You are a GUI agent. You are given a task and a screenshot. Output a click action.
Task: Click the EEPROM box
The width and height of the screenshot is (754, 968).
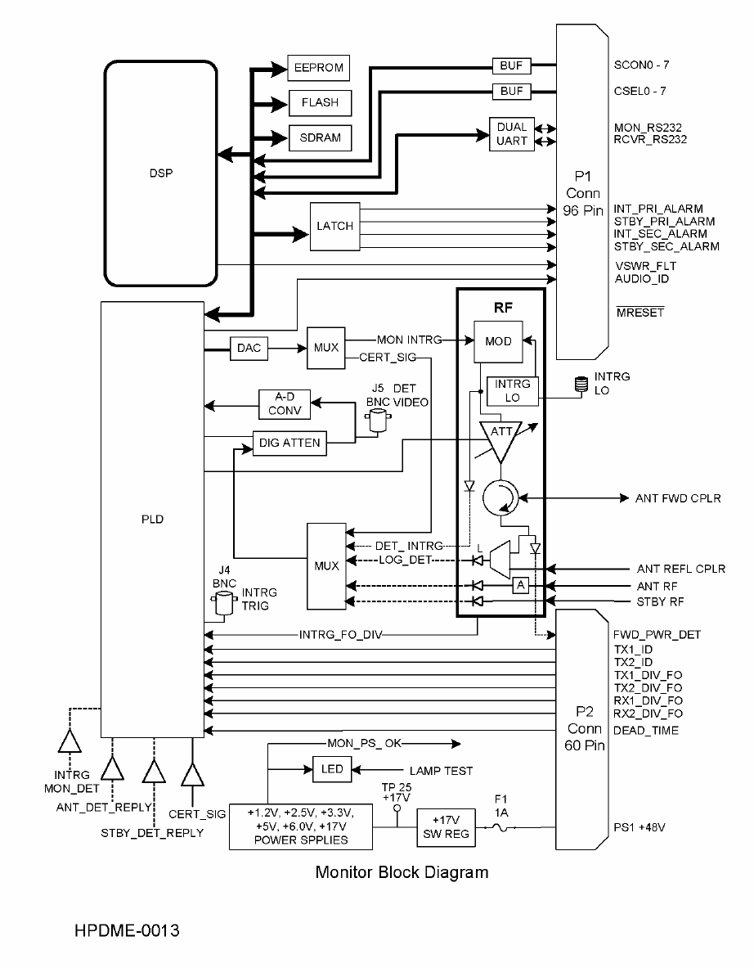[318, 68]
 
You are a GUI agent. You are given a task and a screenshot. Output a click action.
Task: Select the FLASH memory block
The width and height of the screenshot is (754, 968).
[320, 102]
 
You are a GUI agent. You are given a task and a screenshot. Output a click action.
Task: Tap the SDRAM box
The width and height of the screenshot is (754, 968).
[320, 137]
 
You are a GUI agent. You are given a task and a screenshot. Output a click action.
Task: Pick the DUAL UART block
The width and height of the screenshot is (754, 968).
[511, 134]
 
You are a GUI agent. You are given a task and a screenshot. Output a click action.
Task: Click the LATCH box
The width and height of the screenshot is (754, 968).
[335, 227]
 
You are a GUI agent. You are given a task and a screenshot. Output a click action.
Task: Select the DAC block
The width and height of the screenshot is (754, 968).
[249, 349]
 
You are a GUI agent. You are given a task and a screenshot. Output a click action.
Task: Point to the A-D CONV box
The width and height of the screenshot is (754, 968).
[285, 403]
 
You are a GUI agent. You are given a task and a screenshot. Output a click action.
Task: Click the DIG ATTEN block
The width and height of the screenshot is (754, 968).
[289, 443]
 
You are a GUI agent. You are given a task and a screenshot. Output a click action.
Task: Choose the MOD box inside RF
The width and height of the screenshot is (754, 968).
[498, 341]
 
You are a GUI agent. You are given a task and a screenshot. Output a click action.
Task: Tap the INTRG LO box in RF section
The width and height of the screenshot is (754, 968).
[512, 391]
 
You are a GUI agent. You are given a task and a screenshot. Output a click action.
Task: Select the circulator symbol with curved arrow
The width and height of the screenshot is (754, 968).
[500, 498]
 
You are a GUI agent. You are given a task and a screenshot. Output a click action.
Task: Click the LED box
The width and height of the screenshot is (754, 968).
[332, 769]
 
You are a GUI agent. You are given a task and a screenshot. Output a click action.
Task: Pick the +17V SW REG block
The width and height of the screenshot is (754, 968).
[447, 827]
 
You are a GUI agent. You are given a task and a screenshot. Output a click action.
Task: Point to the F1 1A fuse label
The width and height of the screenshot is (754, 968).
[501, 806]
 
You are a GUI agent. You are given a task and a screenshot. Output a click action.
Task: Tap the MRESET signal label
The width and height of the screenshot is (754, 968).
[640, 313]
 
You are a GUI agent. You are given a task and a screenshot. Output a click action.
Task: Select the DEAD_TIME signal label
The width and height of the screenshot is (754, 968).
[645, 731]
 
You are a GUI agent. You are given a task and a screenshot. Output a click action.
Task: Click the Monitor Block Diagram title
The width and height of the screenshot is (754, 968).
[402, 872]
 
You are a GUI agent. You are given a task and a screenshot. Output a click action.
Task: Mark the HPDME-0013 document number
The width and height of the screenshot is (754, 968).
[127, 930]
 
